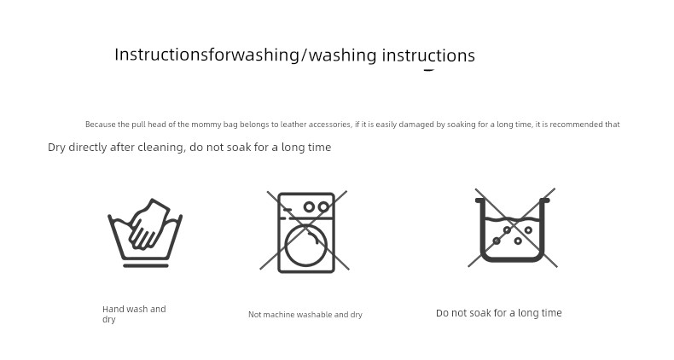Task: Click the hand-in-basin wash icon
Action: [145, 233]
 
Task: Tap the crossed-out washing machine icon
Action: [305, 231]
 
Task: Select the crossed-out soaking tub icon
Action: [512, 228]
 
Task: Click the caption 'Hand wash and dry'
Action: [134, 314]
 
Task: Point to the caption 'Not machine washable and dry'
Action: [305, 315]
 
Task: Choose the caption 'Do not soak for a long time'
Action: [498, 313]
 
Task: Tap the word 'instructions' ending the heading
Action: [428, 55]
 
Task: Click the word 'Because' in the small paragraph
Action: [101, 125]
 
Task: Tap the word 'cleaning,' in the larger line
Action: [164, 148]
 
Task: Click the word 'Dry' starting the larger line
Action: [57, 148]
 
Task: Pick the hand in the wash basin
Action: [149, 224]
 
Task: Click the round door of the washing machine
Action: [306, 246]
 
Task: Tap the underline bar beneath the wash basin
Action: [146, 266]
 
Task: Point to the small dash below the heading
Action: [429, 70]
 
